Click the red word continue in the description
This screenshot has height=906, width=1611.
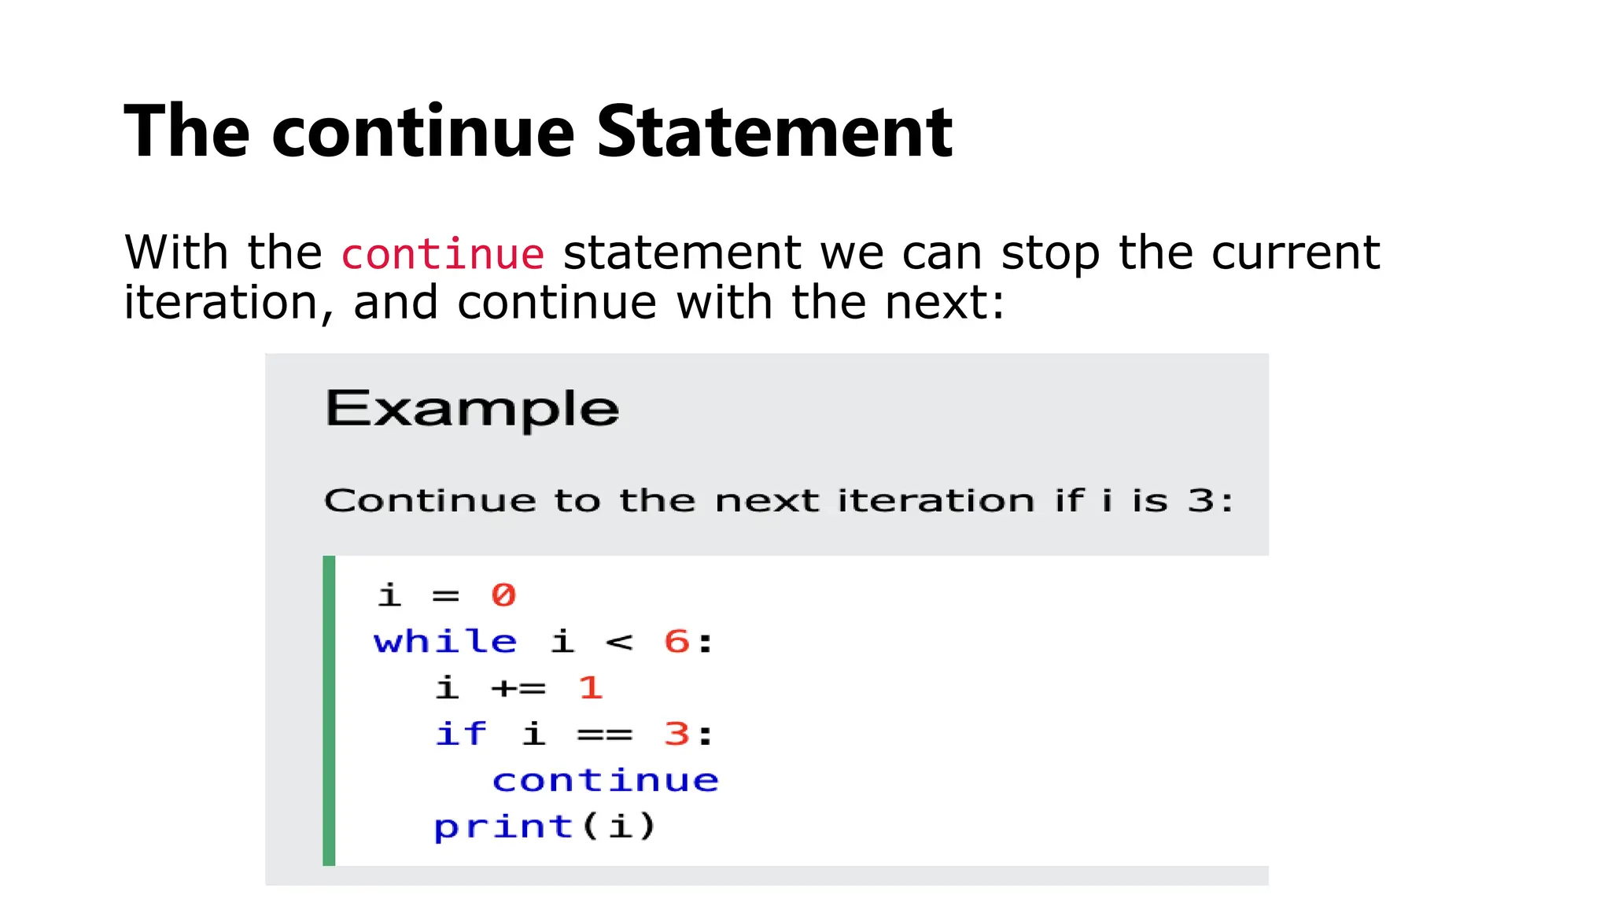coord(442,254)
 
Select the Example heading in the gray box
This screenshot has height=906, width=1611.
coord(472,409)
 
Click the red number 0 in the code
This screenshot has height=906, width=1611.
coord(503,595)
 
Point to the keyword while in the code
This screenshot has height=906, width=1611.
coord(445,642)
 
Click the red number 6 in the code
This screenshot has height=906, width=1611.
coord(676,642)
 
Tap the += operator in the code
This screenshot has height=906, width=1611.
coord(518,688)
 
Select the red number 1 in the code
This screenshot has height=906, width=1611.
coord(590,688)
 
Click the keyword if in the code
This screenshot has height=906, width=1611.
coord(461,735)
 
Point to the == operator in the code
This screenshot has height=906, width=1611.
coord(604,735)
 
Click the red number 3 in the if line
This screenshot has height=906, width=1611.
coord(676,735)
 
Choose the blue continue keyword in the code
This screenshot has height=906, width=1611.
coord(605,781)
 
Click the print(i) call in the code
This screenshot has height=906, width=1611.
coord(544,827)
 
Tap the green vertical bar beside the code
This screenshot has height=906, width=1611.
coord(329,710)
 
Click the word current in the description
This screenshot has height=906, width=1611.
coord(1295,253)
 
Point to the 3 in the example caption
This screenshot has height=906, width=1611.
coord(1200,500)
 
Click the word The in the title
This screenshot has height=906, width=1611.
coord(187,132)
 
